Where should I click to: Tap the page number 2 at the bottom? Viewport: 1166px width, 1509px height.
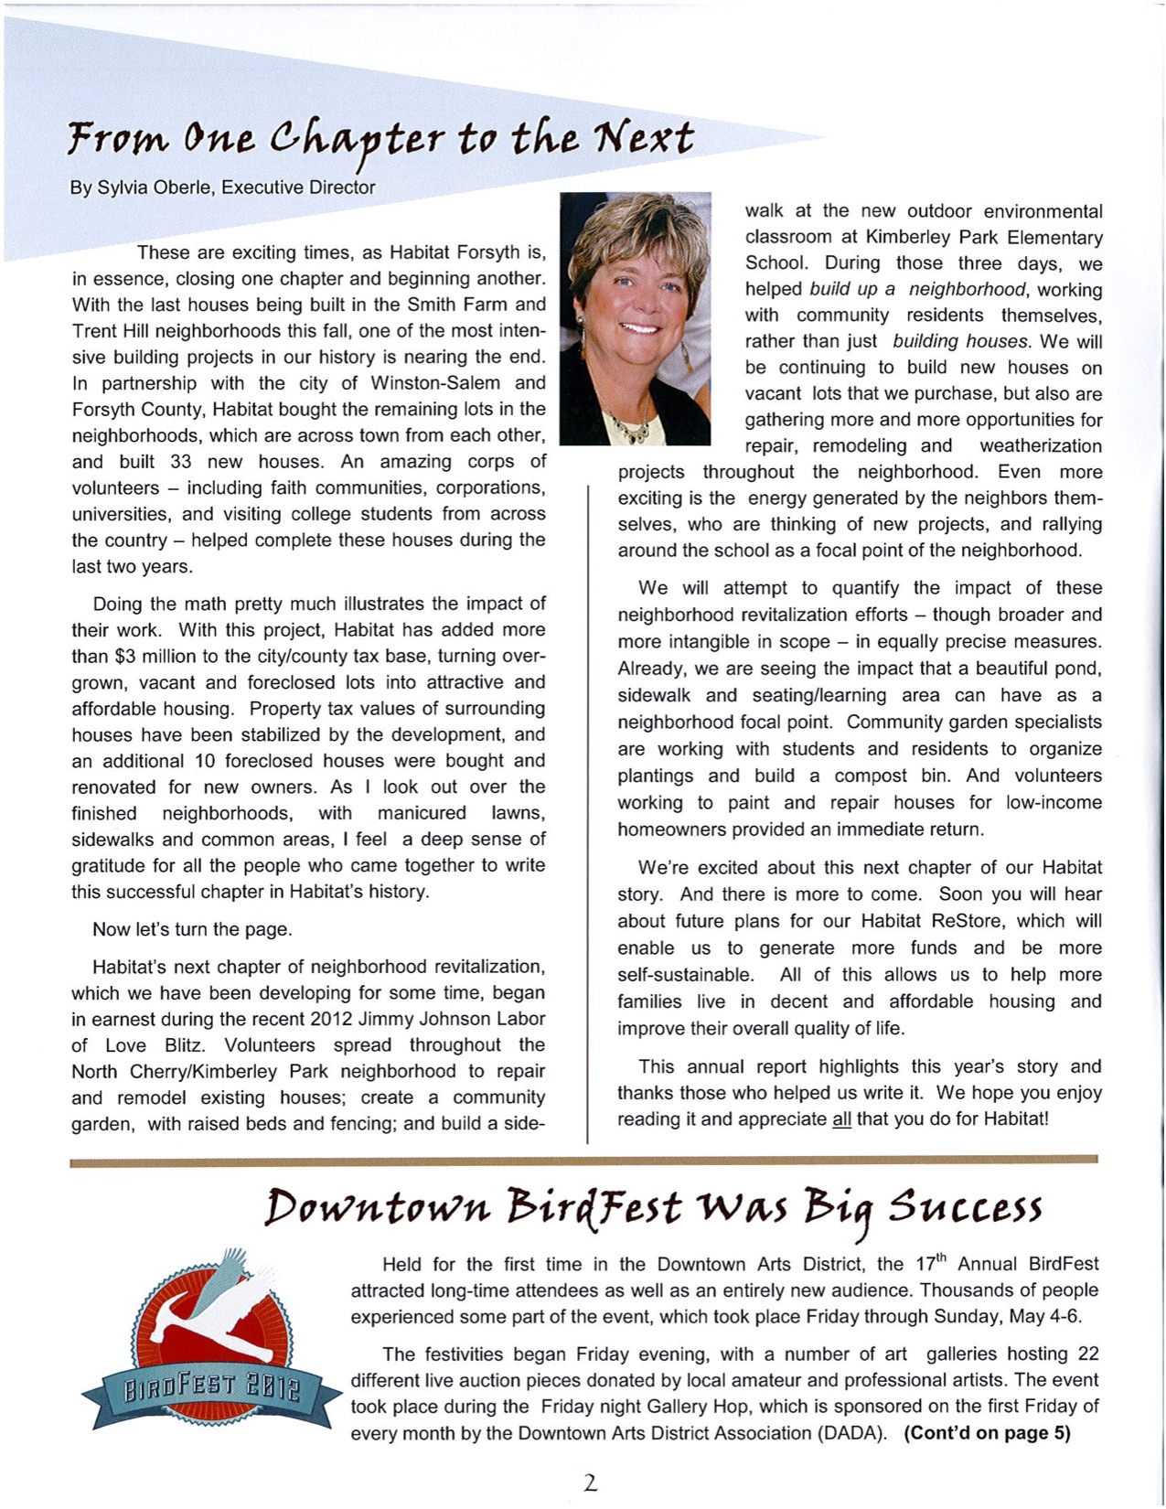590,1482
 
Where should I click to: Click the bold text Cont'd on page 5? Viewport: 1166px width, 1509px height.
987,1433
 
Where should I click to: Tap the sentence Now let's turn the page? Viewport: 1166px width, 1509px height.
192,930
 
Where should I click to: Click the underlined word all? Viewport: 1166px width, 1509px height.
841,1119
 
